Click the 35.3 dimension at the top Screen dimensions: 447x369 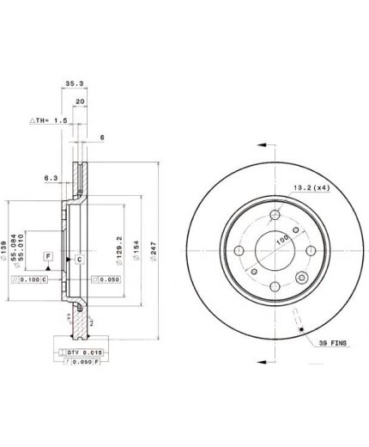[75, 84]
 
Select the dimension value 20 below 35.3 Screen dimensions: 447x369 [79, 101]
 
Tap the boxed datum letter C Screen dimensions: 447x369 [78, 259]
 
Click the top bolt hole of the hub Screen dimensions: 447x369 [275, 216]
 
